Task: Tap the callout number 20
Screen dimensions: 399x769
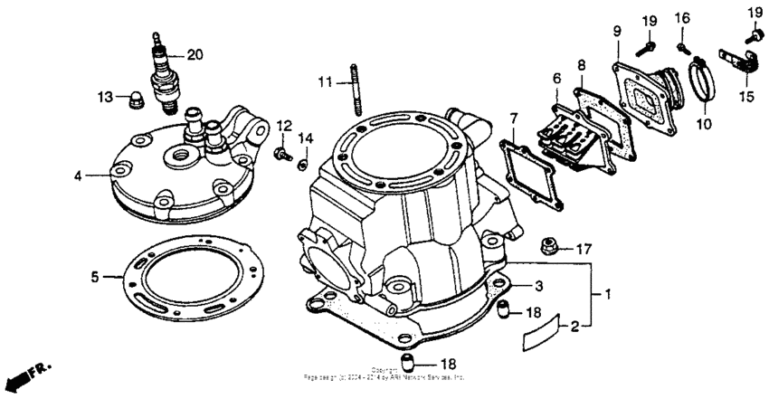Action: point(194,54)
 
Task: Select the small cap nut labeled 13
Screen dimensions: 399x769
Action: point(131,99)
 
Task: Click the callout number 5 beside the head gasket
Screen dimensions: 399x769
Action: point(94,277)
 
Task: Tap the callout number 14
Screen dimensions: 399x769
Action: point(305,138)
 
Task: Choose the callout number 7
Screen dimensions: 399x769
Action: point(513,119)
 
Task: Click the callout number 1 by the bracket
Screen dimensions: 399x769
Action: point(609,294)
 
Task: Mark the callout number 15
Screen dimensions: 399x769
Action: point(747,95)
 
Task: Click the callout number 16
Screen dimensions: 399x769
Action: point(681,17)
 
